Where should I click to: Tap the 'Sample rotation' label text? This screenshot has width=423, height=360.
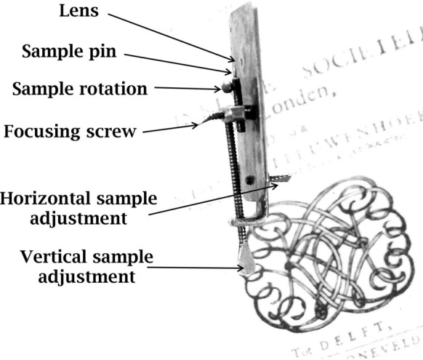click(81, 89)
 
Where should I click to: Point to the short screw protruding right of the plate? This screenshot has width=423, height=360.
click(278, 177)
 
